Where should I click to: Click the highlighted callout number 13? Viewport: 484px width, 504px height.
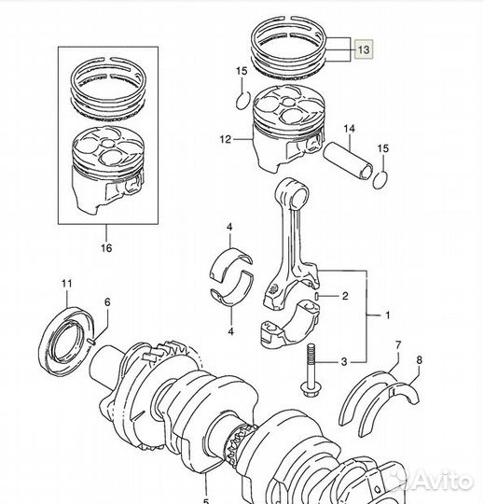tap(364, 49)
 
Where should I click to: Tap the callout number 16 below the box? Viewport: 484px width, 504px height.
tap(106, 248)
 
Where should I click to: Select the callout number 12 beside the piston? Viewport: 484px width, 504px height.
tap(226, 139)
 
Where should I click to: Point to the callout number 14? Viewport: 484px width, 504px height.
tap(349, 129)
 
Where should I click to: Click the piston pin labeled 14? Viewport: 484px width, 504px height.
tap(348, 161)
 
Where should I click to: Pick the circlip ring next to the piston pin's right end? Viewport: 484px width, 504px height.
tap(380, 180)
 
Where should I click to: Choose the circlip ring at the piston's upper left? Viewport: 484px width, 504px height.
tap(243, 100)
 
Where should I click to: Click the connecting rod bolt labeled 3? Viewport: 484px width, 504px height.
tap(310, 371)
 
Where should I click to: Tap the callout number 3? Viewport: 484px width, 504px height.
tap(344, 362)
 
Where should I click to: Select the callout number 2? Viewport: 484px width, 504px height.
tap(345, 296)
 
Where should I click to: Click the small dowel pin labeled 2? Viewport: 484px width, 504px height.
tap(317, 296)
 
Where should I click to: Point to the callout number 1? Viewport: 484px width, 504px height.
tap(388, 315)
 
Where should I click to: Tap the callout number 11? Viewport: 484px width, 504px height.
tap(67, 284)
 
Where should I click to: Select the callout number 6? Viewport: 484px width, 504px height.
tap(107, 302)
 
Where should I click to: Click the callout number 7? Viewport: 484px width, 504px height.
tap(398, 345)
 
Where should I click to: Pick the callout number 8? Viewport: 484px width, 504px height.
tap(419, 360)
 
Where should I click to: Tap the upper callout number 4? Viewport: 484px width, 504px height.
tap(229, 227)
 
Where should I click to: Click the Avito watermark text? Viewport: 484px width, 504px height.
tap(443, 481)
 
